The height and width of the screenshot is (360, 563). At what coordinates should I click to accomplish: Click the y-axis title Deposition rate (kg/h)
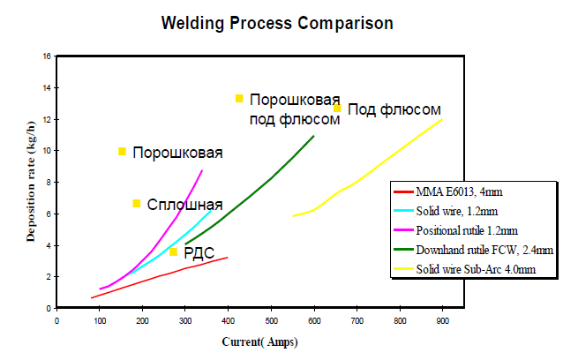point(31,183)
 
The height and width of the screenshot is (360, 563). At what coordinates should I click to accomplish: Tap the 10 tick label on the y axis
point(46,151)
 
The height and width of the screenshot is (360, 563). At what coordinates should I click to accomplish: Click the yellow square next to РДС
point(174,252)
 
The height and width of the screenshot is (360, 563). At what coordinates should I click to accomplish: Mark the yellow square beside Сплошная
point(137,204)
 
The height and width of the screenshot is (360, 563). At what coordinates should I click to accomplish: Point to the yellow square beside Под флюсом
point(337,109)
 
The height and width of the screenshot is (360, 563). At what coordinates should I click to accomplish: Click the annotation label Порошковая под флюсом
point(295,109)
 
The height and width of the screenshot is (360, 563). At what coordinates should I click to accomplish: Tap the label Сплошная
point(184,204)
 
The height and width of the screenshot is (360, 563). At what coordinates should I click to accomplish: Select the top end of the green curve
point(313,136)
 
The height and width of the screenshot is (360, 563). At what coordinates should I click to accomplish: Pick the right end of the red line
point(228,258)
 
